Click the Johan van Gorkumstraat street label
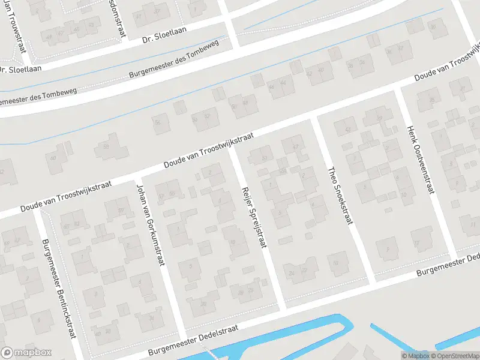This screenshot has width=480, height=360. (x=152, y=227)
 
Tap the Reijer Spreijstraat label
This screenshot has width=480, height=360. (x=254, y=217)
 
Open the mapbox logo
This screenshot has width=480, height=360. (x=26, y=353)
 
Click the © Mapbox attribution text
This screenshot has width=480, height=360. (x=415, y=356)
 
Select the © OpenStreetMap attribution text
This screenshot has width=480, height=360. (x=455, y=356)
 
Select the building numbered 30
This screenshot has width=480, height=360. (x=203, y=304)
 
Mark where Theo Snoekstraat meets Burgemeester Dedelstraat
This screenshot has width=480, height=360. (x=371, y=282)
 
